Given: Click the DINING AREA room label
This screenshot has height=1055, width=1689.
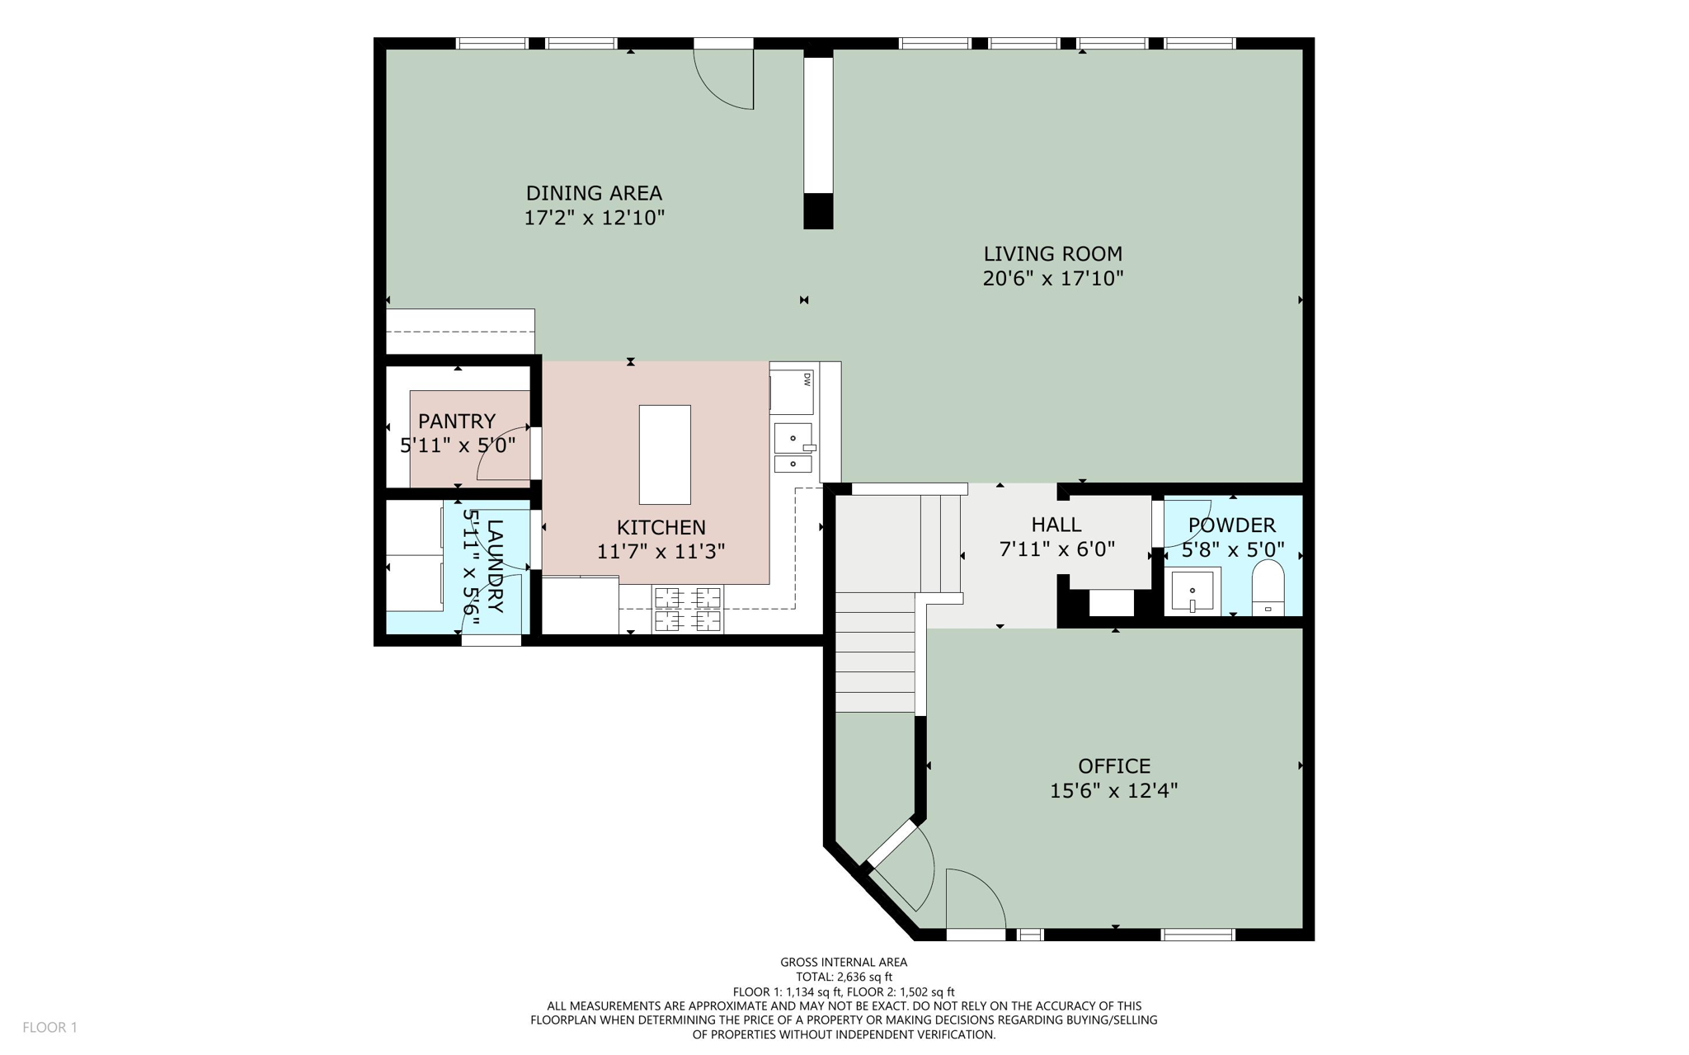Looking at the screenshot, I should click(x=594, y=193).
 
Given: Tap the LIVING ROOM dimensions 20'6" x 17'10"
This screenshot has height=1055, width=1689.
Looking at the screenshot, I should click(x=1052, y=279).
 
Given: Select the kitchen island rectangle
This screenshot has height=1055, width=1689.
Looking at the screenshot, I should click(x=665, y=454).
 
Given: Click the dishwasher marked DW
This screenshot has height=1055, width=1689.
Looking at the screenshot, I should click(x=792, y=393).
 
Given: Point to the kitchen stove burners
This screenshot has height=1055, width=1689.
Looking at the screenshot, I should click(x=688, y=609).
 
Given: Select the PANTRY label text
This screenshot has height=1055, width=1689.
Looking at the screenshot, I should click(x=456, y=422).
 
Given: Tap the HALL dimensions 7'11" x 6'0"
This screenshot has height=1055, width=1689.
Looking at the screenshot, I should click(x=1056, y=549).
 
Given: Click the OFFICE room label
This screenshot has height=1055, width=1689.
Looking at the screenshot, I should click(x=1113, y=766).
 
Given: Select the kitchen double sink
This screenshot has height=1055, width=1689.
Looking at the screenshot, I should click(x=793, y=450).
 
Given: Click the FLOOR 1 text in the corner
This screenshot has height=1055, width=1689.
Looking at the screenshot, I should click(x=49, y=1027).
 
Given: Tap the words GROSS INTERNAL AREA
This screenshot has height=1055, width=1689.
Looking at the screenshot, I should click(x=843, y=962).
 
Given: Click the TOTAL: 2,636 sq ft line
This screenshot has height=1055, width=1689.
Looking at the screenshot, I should click(x=843, y=977).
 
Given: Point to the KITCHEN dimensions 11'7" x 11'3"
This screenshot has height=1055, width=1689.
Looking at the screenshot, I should click(x=661, y=551).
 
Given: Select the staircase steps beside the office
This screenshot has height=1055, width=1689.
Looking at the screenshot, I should click(x=875, y=652).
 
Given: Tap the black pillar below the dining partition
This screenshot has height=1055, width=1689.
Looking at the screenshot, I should click(x=818, y=211).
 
